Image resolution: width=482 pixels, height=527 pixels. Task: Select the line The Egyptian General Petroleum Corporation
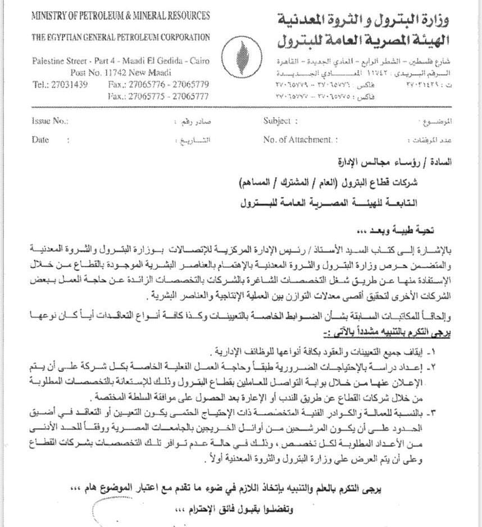121,37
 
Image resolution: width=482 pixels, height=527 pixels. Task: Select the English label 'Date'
40,140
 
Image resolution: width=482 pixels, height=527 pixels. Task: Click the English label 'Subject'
277,121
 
